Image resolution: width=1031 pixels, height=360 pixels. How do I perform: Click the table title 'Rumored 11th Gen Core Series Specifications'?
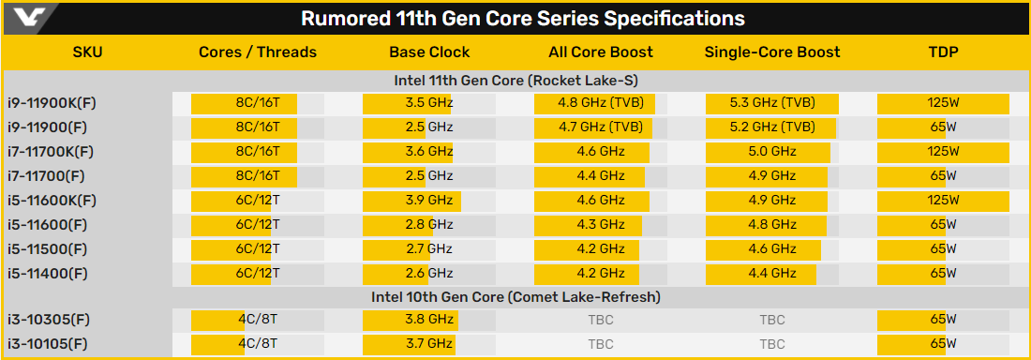pos(523,19)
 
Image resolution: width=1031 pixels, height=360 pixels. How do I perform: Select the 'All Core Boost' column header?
pos(601,52)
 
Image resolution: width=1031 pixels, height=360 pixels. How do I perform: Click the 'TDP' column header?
pos(944,52)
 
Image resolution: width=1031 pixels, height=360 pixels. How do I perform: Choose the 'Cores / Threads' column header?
pos(258,52)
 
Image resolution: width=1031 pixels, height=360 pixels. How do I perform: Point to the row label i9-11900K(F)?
pos(60,103)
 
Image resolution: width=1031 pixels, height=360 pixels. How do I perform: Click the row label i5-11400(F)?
pos(53,273)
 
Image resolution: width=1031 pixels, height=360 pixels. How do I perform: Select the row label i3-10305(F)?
pos(53,321)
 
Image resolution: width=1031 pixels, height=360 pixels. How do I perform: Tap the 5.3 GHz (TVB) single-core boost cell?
pos(772,103)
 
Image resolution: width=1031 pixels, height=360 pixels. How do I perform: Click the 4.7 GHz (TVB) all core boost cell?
pos(601,127)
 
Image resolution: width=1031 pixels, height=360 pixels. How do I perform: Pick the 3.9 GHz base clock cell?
pos(428,200)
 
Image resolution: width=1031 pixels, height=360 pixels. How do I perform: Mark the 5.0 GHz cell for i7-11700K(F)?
pos(772,151)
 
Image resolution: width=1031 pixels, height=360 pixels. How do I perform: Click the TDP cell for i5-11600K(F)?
pos(944,200)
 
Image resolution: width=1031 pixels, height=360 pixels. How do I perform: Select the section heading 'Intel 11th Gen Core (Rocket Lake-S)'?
pos(515,81)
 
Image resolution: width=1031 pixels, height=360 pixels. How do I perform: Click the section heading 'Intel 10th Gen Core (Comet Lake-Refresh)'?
pos(515,297)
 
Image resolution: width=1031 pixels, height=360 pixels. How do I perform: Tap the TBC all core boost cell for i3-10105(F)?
pos(601,344)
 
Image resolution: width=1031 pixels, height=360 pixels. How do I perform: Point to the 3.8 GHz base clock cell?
pos(428,321)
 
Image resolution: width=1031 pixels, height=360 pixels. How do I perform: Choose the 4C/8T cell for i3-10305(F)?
pos(258,321)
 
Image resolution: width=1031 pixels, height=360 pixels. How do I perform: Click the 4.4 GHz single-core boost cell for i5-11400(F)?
pos(772,273)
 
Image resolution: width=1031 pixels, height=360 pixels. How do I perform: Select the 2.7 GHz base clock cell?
pos(428,248)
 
